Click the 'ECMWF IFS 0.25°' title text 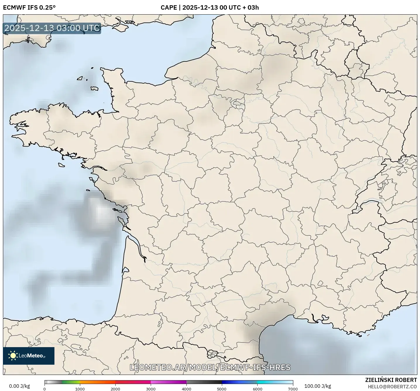29,8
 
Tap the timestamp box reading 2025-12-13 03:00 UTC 52,28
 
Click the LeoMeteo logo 29,356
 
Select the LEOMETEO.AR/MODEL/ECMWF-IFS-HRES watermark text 210,367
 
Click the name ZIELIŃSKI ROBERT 391,380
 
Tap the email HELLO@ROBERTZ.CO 392,387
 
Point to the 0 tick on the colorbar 44,389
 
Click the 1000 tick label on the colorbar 80,389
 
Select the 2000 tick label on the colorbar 115,389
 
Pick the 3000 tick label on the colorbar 151,389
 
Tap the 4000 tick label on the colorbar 186,389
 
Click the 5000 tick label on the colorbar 222,389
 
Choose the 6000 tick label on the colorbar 257,389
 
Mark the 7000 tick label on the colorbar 293,389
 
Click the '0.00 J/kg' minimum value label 19,386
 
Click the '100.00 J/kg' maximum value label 318,386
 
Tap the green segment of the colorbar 70,382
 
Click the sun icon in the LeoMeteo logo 13,356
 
